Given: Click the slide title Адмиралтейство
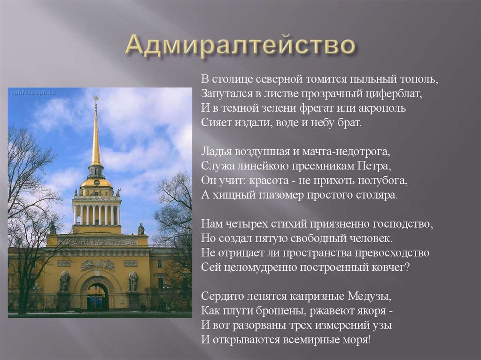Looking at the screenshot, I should click(240, 46).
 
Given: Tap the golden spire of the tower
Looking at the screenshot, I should click(96, 136).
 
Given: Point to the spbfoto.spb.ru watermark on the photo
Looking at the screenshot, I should click(32, 93).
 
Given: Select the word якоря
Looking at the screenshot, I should click(374, 311).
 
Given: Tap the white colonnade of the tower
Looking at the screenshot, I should click(96, 214).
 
